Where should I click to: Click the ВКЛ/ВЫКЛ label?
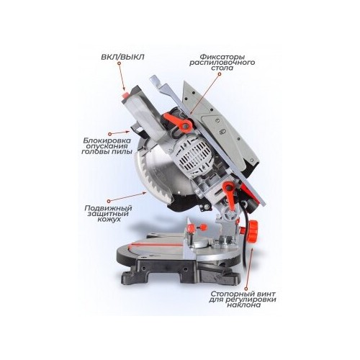coord(122,57)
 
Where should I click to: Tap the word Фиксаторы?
coord(222,57)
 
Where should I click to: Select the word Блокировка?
coord(107,140)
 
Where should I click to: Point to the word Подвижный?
coord(108,208)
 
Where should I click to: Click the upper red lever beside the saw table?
coord(178,122)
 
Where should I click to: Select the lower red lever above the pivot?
coord(228,194)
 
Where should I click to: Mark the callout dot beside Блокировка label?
coord(110,133)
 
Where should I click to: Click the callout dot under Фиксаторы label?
coord(219,75)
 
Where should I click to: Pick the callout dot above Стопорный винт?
coord(246,287)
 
